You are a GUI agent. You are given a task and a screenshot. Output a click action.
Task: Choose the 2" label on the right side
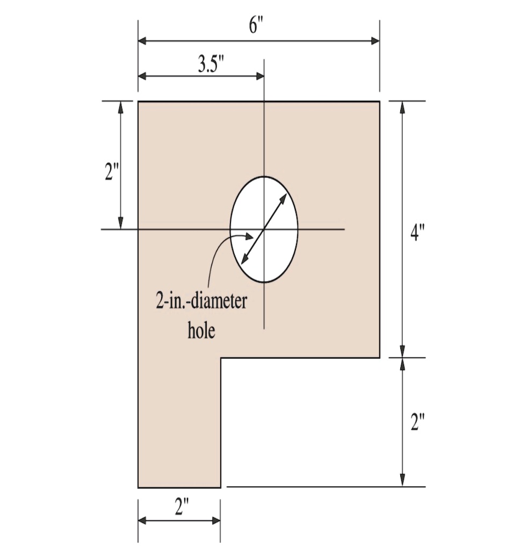(x=417, y=422)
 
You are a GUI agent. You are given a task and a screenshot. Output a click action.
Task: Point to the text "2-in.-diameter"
(x=201, y=302)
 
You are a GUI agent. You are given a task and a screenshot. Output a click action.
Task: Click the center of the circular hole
(x=264, y=229)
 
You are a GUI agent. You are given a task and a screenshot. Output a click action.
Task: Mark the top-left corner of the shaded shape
(x=139, y=101)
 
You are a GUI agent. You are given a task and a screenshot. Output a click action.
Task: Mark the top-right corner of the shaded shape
(x=380, y=101)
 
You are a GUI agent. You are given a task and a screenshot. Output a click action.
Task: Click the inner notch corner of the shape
(x=221, y=358)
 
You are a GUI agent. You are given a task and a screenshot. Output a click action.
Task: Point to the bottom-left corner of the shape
(x=139, y=487)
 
